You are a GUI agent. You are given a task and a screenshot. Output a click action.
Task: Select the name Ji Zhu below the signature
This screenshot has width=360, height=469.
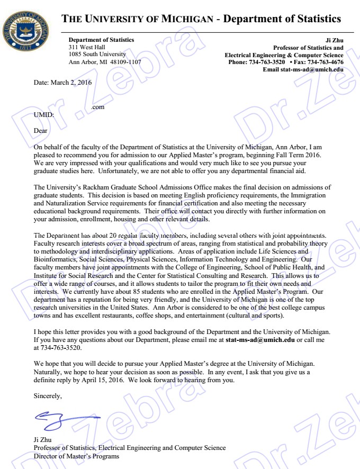pyautogui.click(x=43, y=439)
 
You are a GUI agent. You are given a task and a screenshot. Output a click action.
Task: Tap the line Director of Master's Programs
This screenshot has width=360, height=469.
pyautogui.click(x=76, y=456)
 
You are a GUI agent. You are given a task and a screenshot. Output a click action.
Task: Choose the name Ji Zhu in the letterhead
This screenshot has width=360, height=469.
pyautogui.click(x=336, y=40)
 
